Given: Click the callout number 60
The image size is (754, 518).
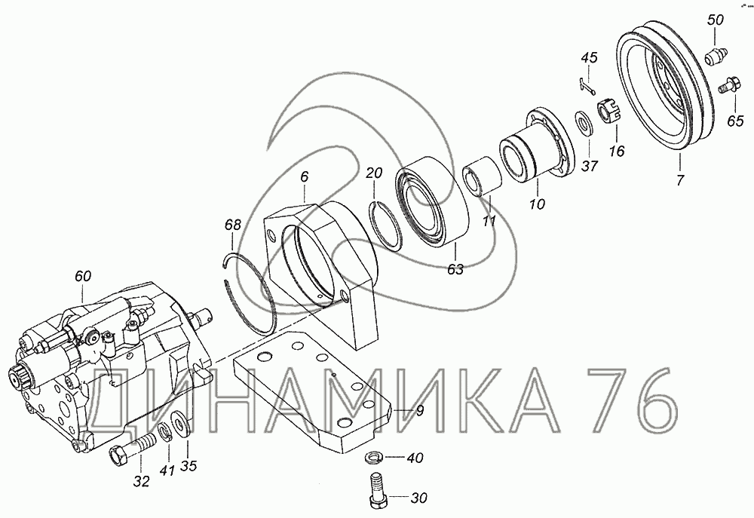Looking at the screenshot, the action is [x=83, y=277].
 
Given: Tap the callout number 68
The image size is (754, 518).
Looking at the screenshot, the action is [x=233, y=225].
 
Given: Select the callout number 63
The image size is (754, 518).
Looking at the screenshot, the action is [x=455, y=269].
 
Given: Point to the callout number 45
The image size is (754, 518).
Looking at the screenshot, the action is [x=589, y=58].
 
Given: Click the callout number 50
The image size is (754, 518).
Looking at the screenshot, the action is [x=715, y=20].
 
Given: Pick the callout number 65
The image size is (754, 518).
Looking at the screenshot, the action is [x=735, y=121].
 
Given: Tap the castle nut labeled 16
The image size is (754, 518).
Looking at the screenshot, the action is [x=610, y=112].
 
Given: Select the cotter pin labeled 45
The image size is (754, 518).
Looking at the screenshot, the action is [x=587, y=86].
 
